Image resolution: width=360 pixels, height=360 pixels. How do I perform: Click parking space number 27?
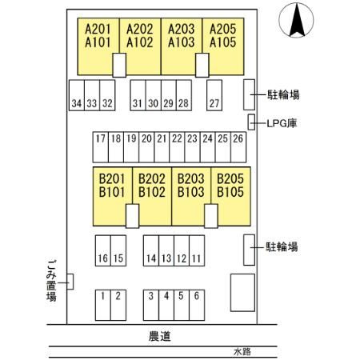coord(214,95)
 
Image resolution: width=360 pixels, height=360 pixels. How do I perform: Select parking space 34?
coord(77,95)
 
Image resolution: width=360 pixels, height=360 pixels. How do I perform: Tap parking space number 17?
coord(101,147)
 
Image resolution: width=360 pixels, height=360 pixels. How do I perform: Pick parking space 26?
coord(238,147)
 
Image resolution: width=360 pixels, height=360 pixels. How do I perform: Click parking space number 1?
coord(103,305)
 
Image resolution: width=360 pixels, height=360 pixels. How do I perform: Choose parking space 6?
coord(197,305)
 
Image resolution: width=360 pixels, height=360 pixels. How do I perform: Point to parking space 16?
coord(103,250)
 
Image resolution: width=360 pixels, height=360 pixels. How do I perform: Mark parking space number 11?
coord(197,250)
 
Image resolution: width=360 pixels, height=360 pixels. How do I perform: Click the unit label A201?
coord(98,29)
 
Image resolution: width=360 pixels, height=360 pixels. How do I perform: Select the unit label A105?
coord(223,42)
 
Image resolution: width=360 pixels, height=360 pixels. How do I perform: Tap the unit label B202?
coord(152,178)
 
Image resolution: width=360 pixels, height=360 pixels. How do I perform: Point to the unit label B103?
coord(191,192)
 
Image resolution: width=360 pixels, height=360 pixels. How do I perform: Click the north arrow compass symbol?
coord(296,20)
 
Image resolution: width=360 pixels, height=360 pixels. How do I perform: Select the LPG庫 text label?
coord(282,123)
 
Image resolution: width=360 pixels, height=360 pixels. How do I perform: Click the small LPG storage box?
coord(251,122)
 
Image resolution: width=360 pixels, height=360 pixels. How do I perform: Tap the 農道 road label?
coord(159,336)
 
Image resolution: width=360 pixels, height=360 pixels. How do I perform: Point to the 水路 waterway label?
coord(242,352)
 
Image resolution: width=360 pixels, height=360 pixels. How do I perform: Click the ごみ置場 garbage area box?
coord(70,282)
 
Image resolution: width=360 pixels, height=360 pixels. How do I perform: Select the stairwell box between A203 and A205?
coord(202,66)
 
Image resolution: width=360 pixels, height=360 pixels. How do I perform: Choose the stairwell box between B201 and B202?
coord(132,216)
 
